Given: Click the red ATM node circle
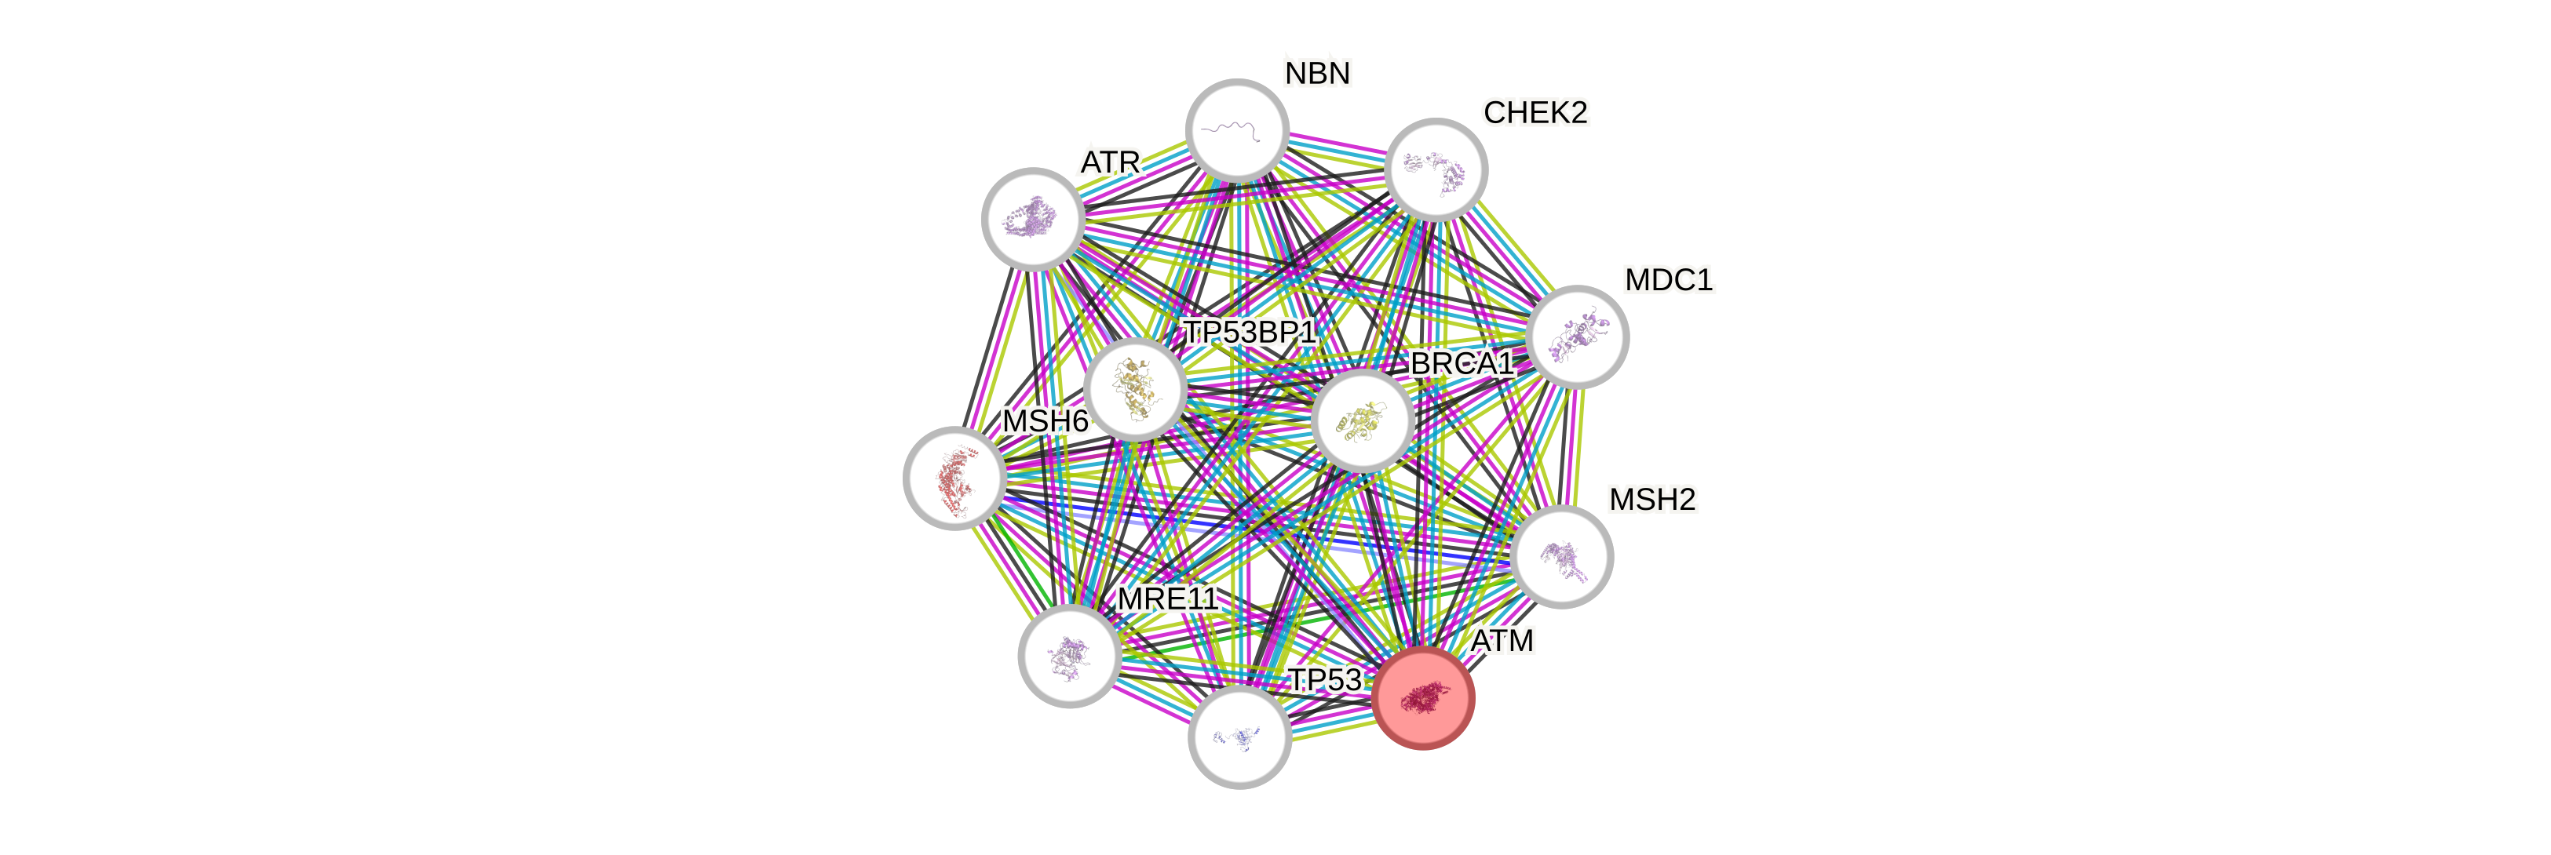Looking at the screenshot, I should tap(1423, 697).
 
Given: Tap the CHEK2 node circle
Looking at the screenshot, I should tap(1436, 169).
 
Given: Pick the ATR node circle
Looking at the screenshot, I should tap(1033, 219).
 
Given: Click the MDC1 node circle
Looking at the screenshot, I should tap(1577, 337).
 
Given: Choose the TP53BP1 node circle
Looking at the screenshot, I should tap(1135, 389).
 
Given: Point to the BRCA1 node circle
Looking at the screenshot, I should tap(1363, 420).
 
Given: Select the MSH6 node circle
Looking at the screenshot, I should tap(954, 478).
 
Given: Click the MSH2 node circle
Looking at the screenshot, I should tap(1563, 556).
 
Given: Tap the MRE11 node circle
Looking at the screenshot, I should tap(1070, 655).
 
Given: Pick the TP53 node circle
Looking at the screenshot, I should tap(1239, 737).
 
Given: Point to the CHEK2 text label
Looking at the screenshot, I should tap(1535, 113).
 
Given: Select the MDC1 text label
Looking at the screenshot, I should tap(1669, 280).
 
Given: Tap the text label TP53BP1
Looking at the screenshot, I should tap(1250, 333).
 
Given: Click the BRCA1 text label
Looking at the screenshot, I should tap(1462, 364).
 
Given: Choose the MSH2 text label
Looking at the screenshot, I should tap(1651, 500).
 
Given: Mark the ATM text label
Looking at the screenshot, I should tap(1502, 642).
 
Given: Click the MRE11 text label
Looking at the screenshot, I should tap(1166, 598).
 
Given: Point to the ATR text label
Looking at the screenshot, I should tap(1110, 162).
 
